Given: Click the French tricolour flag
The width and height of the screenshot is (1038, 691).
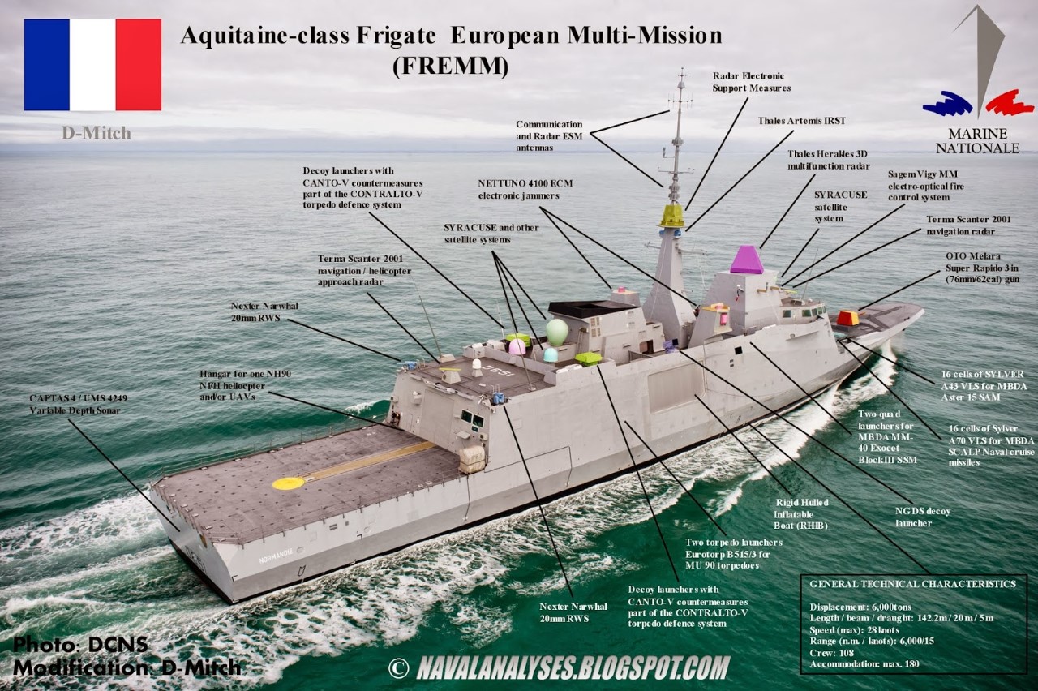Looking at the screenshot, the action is click(x=92, y=64).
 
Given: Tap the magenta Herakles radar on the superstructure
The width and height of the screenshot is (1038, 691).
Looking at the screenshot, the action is click(x=747, y=260).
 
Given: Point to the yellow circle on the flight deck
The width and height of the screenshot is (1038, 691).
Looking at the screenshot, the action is click(x=288, y=483).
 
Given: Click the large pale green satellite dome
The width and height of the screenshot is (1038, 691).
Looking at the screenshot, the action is click(x=557, y=332).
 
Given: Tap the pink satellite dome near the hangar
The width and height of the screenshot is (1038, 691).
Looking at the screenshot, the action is click(x=517, y=346).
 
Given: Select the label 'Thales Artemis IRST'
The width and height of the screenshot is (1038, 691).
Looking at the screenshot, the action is click(x=802, y=121).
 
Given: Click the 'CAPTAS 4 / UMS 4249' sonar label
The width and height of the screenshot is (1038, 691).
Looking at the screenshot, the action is click(x=79, y=398).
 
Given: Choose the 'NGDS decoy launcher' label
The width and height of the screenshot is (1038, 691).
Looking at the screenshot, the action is click(x=923, y=517).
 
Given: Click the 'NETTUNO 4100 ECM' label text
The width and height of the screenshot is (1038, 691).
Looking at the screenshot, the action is click(x=525, y=183).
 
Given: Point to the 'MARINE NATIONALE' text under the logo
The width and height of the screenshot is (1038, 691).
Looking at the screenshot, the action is click(x=977, y=141).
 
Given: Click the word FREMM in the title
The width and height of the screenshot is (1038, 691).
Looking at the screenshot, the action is click(x=450, y=67).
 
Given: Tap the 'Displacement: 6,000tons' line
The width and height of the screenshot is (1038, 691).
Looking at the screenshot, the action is click(x=860, y=607).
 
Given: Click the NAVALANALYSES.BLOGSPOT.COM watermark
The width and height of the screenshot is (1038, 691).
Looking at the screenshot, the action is click(x=573, y=667).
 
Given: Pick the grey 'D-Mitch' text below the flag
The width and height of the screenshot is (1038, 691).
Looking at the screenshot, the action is click(x=97, y=134).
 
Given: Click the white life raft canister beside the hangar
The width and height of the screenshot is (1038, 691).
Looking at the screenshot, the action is click(x=472, y=459).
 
